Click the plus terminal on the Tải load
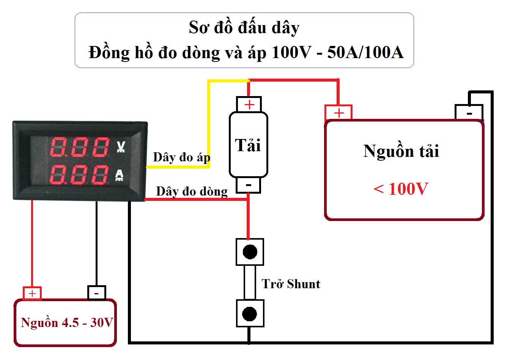pos(249,104)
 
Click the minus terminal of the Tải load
pos(249,185)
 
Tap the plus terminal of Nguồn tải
pos(338,113)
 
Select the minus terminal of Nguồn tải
pos(469,113)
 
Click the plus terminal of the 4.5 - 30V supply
pos(32,294)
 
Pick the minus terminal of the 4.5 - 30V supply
pos(97,293)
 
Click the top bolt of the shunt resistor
pos(250,252)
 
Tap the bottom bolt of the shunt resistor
pos(249,314)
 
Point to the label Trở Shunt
pos(291,284)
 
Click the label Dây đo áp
pos(181,157)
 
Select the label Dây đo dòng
pos(192,191)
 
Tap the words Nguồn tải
pos(401,151)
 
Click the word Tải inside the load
pos(248,145)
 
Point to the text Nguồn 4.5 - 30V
pos(67,323)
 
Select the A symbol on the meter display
pos(120,175)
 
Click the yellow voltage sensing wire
pos(208,122)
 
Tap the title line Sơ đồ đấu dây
pos(244,28)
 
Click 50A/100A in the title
pos(365,52)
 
